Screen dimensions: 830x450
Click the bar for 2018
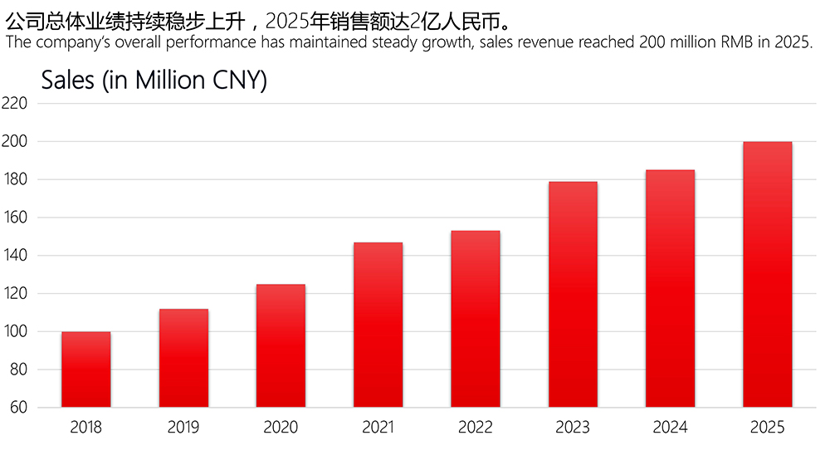[x=85, y=369]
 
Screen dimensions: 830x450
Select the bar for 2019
[x=183, y=358]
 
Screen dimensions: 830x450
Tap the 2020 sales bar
[x=281, y=345]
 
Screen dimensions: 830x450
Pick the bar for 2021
[x=378, y=325]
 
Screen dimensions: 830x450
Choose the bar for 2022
[x=476, y=320]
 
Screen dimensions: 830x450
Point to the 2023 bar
[x=573, y=295]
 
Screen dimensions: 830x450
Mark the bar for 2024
[x=670, y=289]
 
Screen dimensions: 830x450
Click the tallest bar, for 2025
[x=768, y=274]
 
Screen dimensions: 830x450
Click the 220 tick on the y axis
[x=14, y=103]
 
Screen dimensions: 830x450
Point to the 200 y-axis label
[x=14, y=141]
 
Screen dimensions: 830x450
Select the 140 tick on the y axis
[x=15, y=255]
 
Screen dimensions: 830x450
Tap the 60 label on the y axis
[x=18, y=407]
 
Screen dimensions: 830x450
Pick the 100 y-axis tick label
[x=15, y=331]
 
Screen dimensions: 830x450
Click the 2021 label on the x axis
[x=378, y=427]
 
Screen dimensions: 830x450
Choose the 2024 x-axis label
[x=670, y=427]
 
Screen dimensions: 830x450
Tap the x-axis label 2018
[x=85, y=427]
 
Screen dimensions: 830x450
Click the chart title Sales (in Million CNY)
[x=154, y=81]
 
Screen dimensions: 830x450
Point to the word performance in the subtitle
[x=212, y=42]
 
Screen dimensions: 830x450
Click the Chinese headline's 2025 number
[x=287, y=22]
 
